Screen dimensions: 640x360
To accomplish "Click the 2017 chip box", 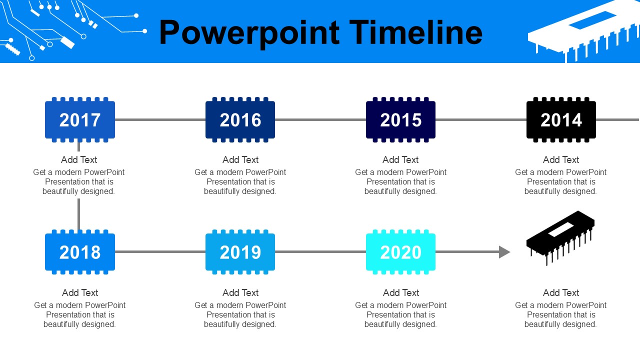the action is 80,119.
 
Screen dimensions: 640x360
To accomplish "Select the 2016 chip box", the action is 240,119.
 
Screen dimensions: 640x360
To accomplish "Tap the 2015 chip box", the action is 401,119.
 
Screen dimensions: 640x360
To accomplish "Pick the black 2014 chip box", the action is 561,119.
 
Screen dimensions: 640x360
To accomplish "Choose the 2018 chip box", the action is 80,252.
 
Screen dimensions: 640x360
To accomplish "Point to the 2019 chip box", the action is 240,252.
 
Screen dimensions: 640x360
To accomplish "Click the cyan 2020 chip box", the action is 401,252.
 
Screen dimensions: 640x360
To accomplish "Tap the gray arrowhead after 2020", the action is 504,252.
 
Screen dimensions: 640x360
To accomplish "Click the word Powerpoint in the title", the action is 249,33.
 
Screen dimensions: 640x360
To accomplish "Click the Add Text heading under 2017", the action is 79,159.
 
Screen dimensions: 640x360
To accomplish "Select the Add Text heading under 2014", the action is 561,159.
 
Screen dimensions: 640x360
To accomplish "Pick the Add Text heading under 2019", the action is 240,293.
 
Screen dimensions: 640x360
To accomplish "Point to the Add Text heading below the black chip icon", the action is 561,293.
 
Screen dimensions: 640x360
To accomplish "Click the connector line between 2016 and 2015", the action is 320,119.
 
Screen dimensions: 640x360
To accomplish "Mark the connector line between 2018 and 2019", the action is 160,251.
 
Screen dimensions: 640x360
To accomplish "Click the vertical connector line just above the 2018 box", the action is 79,215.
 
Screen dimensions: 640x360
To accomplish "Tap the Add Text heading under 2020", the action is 401,293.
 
